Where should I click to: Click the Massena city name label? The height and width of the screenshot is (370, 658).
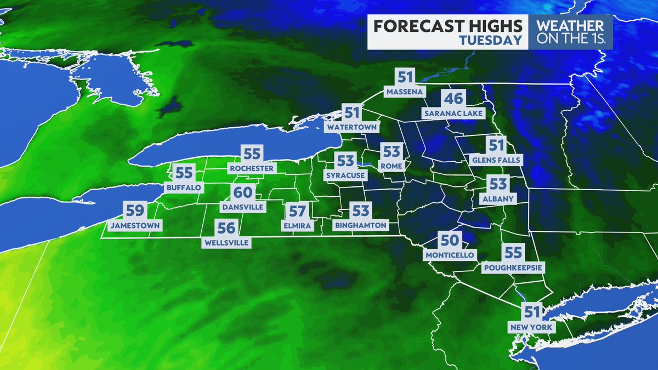point(405,92)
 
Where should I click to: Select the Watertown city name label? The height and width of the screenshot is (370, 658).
point(352,127)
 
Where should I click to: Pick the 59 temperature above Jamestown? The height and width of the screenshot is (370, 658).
point(135,210)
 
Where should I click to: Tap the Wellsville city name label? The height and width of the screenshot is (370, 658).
point(226,242)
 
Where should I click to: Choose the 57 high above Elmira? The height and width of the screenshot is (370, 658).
point(297,210)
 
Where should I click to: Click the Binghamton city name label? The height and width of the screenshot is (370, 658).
point(360,225)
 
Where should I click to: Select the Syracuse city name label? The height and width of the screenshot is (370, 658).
point(345,175)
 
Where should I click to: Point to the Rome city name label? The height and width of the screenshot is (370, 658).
point(393,166)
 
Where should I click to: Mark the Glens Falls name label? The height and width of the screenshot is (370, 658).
point(496,160)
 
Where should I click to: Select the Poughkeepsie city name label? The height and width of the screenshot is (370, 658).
point(513,267)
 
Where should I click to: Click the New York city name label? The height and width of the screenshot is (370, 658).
point(532,327)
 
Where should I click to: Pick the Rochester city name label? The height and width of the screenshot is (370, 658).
point(252,168)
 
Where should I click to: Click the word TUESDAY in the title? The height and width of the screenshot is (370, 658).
point(490,40)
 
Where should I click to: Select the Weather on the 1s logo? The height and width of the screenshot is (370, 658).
point(570,32)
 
